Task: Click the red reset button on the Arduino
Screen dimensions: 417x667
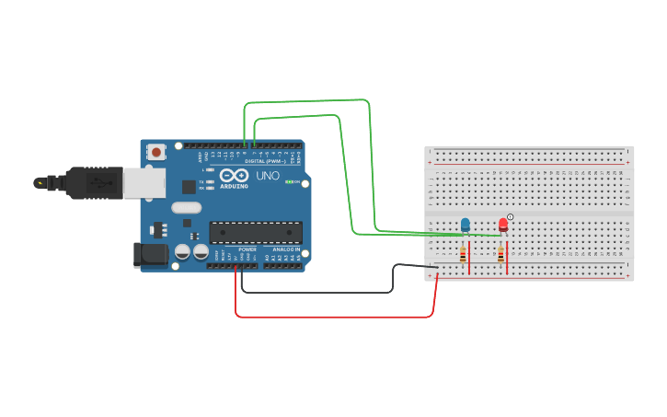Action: pyautogui.click(x=156, y=152)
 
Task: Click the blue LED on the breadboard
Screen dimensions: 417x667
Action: pyautogui.click(x=465, y=224)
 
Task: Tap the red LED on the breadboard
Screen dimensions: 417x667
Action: pyautogui.click(x=502, y=224)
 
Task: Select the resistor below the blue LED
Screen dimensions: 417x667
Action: pyautogui.click(x=463, y=255)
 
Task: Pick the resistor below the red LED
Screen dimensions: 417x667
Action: pyautogui.click(x=500, y=255)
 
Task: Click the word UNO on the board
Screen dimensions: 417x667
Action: pyautogui.click(x=268, y=176)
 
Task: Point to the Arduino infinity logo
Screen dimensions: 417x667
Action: pyautogui.click(x=234, y=175)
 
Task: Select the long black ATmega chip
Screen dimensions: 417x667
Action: pyautogui.click(x=256, y=233)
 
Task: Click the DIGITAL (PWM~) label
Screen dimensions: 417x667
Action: pyautogui.click(x=265, y=161)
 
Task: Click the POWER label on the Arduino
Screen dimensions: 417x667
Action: pyautogui.click(x=247, y=249)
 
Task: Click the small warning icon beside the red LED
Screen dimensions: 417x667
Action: pyautogui.click(x=511, y=216)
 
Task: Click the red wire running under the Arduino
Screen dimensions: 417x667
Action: pyautogui.click(x=331, y=317)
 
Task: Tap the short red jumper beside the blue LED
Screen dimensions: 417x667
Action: pyautogui.click(x=469, y=257)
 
